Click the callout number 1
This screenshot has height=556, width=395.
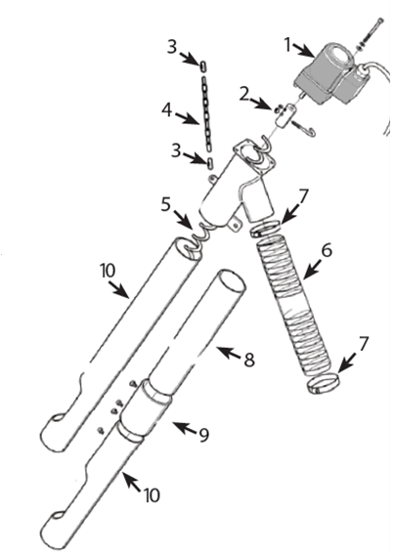click(x=287, y=45)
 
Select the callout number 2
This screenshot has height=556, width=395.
click(x=243, y=96)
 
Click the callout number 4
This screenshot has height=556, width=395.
click(x=167, y=110)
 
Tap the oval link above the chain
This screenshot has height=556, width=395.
click(x=203, y=66)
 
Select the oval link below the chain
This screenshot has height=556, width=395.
click(x=210, y=163)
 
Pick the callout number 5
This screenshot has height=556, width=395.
click(x=166, y=204)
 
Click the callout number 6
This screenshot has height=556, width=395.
click(x=327, y=250)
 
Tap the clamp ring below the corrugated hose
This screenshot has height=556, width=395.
click(x=324, y=384)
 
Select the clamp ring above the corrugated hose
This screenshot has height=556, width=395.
click(x=265, y=229)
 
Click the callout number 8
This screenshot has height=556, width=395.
click(x=249, y=361)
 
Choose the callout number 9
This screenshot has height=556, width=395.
click(x=203, y=435)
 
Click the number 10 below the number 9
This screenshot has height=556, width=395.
click(x=152, y=494)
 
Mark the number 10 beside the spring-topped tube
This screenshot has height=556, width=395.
click(x=108, y=272)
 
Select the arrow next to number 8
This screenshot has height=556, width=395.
click(x=229, y=354)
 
